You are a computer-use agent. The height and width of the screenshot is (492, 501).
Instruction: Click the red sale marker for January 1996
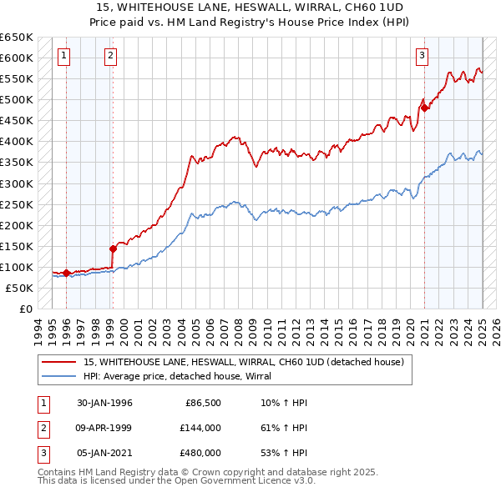[x=66, y=273]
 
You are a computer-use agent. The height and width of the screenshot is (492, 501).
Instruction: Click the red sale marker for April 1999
[x=112, y=248]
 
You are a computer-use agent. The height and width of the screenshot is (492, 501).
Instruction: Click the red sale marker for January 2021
[x=424, y=107]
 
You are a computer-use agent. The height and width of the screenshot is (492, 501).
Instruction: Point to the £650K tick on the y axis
[x=17, y=38]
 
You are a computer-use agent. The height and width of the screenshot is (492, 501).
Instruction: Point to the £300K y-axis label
[x=17, y=183]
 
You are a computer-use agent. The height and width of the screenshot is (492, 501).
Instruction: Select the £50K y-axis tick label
[x=20, y=288]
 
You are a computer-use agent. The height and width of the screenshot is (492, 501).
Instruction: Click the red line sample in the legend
[x=59, y=362]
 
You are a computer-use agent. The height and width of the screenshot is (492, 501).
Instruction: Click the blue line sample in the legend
[x=59, y=376]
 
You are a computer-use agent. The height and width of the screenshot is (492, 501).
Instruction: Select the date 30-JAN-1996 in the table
[x=104, y=403]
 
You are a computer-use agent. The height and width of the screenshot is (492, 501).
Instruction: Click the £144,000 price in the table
[x=200, y=428]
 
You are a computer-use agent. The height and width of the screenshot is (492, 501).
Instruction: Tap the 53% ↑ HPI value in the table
[x=284, y=453]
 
